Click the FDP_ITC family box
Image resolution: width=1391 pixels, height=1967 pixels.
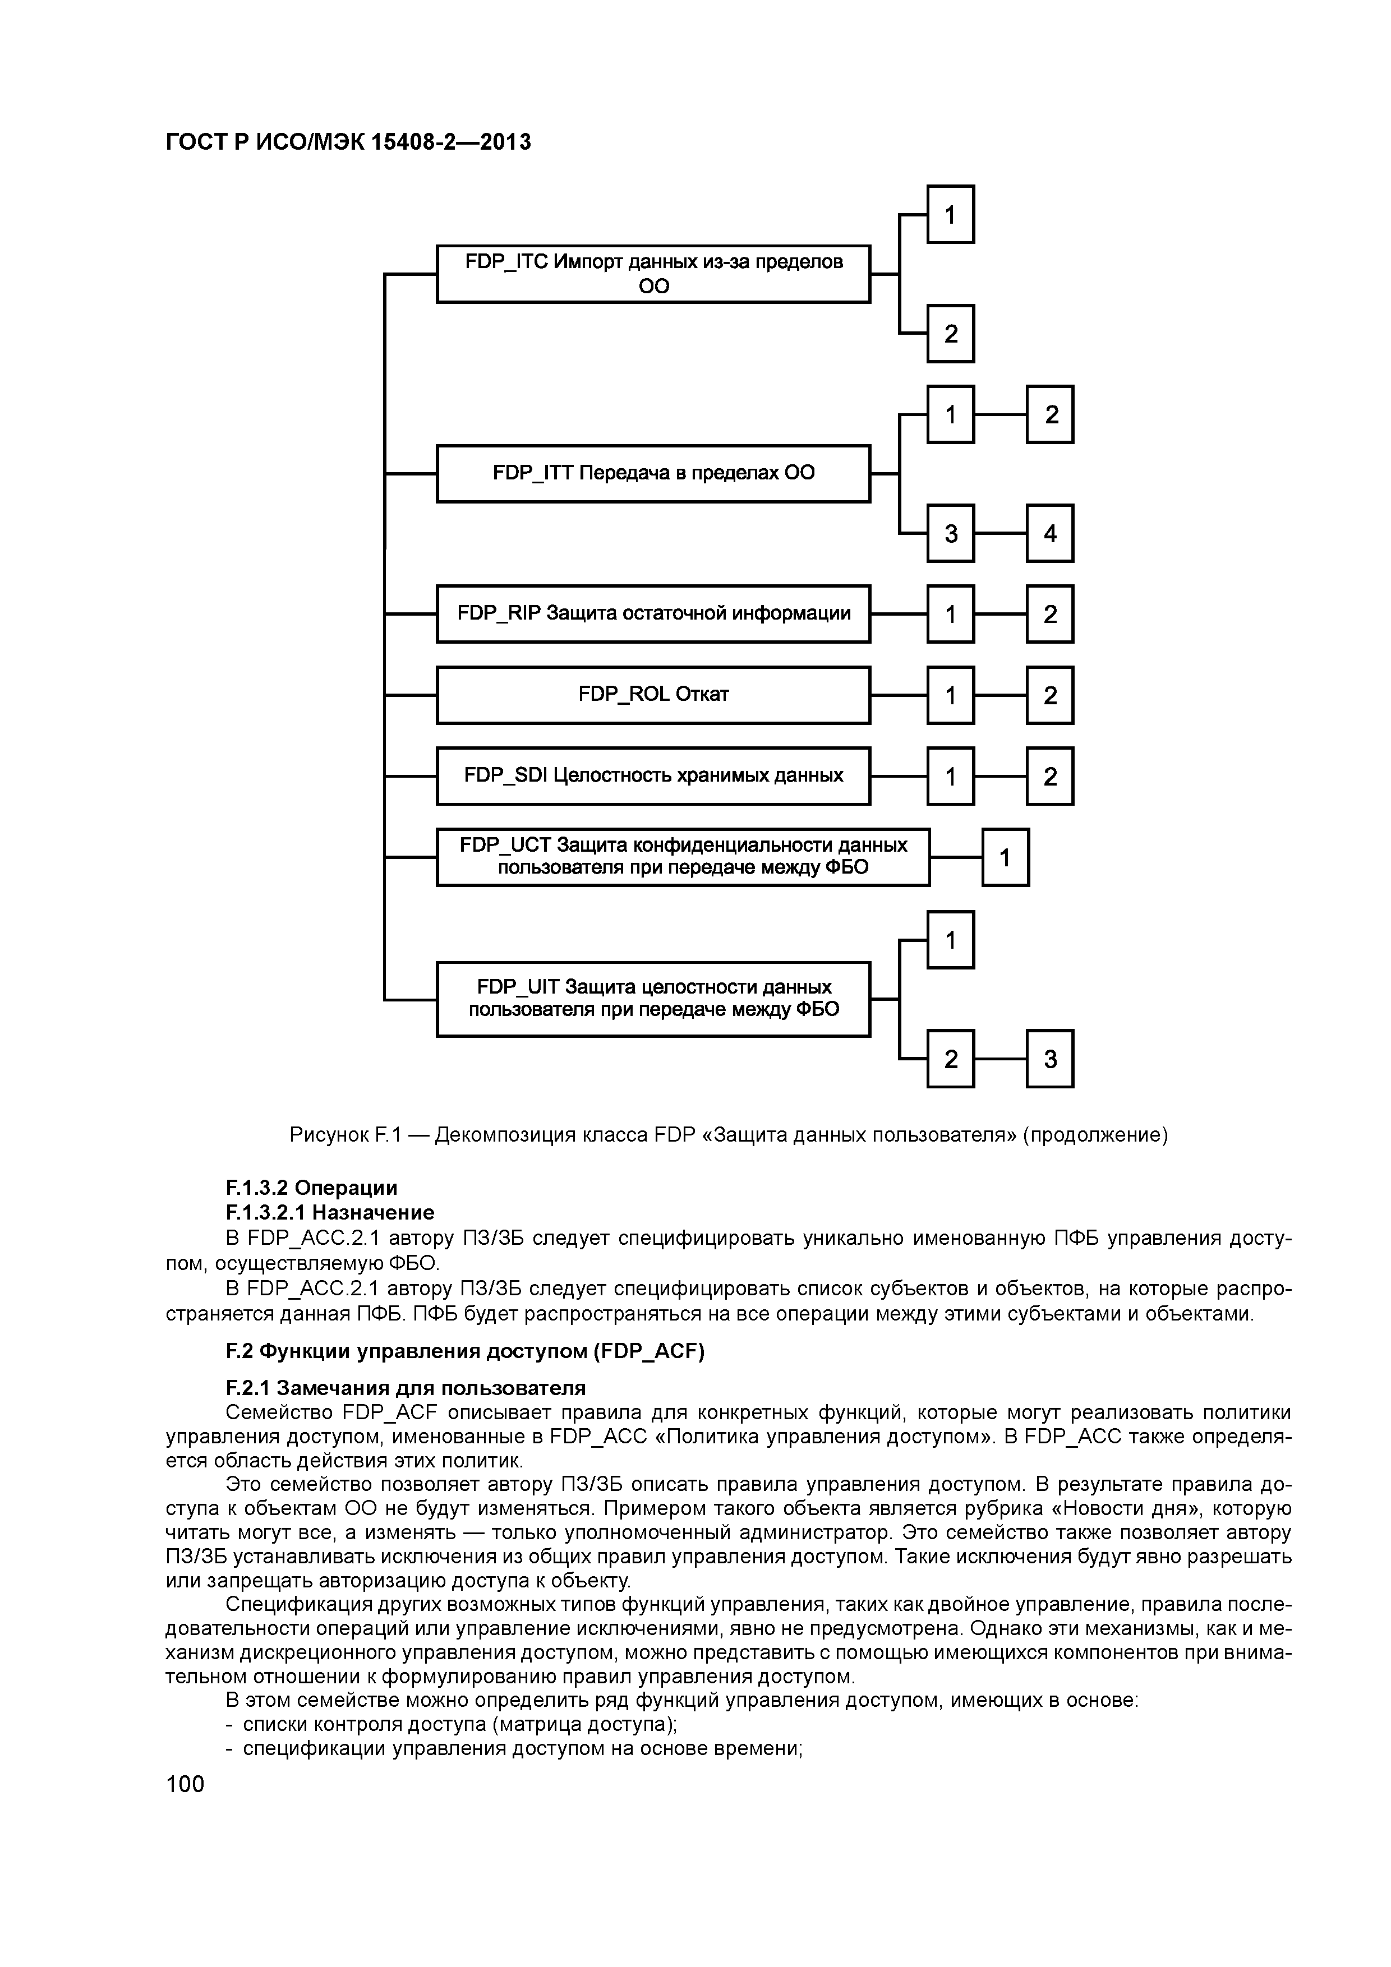(653, 274)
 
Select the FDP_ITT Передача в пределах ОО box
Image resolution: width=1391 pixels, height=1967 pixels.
(653, 473)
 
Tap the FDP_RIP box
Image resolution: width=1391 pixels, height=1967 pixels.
(653, 613)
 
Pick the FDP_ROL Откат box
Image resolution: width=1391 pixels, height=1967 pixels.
(653, 695)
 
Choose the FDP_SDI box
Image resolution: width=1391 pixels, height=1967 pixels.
(653, 775)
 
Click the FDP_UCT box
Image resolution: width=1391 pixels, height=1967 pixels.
(683, 857)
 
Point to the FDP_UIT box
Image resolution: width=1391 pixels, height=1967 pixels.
(653, 999)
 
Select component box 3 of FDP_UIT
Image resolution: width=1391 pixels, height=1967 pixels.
(1050, 1059)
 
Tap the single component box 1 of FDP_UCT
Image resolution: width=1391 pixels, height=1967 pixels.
(1005, 857)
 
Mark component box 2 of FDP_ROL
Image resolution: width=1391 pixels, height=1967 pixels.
(1050, 695)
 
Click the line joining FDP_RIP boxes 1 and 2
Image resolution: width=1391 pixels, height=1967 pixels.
(1000, 613)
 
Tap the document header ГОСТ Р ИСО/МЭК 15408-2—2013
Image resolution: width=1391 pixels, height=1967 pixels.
(348, 141)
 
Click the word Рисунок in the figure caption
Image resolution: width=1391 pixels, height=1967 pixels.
(328, 1135)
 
